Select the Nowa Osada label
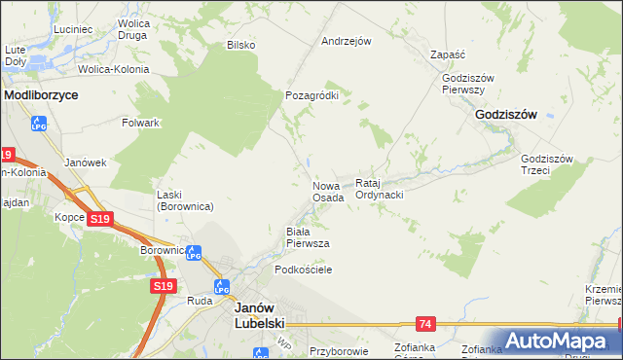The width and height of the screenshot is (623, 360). pos(328,191)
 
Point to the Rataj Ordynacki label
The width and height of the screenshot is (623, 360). pos(380,189)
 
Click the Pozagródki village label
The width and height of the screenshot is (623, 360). pos(311,95)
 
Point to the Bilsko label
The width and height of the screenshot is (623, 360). pos(240,44)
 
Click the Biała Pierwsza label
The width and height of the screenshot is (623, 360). pos(307,237)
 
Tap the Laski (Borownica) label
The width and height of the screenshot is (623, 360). pos(185,200)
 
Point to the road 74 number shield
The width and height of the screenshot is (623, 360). pos(425,323)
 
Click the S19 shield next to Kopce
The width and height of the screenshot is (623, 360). pos(98,220)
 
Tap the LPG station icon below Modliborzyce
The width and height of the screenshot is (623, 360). pos(40,124)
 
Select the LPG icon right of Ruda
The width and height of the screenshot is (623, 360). pos(221,287)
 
